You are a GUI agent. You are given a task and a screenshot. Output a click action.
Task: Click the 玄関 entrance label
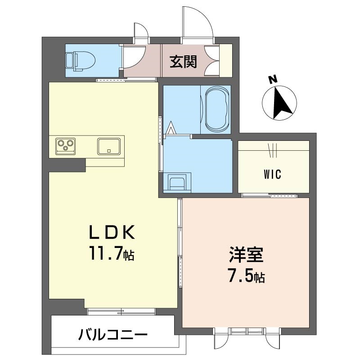pyautogui.click(x=183, y=62)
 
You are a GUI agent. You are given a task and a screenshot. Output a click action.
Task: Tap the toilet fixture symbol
pyautogui.click(x=81, y=61)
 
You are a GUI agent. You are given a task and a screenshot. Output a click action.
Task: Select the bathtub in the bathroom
pyautogui.click(x=217, y=109)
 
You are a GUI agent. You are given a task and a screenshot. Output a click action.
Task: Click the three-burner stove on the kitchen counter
pyautogui.click(x=65, y=146)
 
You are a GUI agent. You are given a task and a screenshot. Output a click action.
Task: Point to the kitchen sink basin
pyautogui.click(x=109, y=146)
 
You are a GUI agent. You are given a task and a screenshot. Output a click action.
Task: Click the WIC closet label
pyautogui.click(x=272, y=174)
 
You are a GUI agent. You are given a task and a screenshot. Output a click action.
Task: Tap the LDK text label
pyautogui.click(x=112, y=232)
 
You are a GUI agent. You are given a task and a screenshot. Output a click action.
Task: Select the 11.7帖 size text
pyautogui.click(x=112, y=253)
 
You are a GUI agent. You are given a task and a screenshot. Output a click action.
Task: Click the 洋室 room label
pyautogui.click(x=246, y=255)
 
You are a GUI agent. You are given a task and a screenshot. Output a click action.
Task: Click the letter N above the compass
pyautogui.click(x=273, y=80)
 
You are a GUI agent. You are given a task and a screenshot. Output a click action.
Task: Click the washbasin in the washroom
pyautogui.click(x=177, y=181)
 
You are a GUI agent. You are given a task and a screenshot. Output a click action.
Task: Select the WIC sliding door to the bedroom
pyautogui.click(x=270, y=196)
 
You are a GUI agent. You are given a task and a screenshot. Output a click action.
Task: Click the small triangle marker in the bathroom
pyautogui.click(x=171, y=128)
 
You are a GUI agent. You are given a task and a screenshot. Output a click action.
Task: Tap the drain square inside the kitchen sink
pyautogui.click(x=109, y=151)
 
